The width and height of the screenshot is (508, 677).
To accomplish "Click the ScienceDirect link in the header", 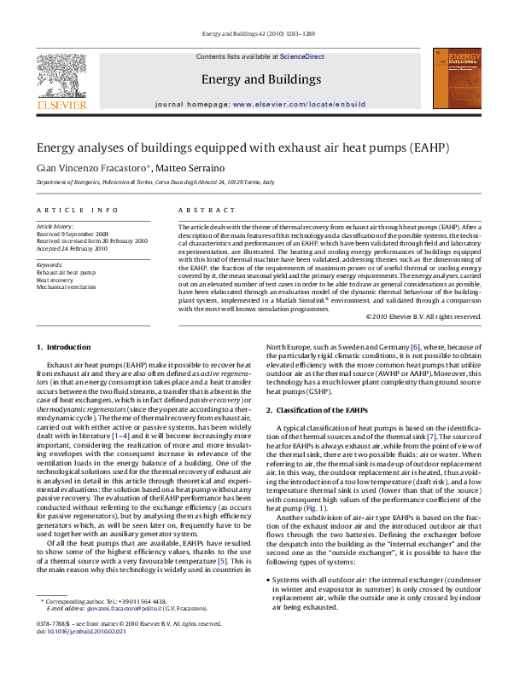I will point(302,56).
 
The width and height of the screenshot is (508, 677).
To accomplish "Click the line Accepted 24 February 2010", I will point(72,248).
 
